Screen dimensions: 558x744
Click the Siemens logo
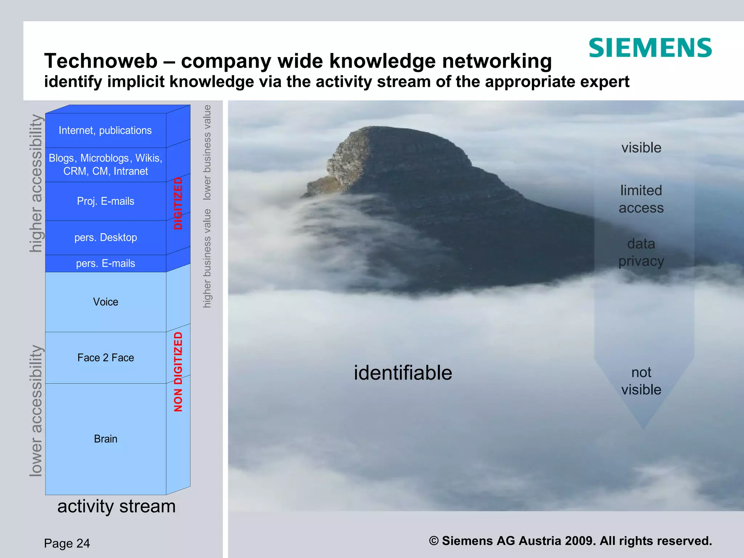[x=650, y=48]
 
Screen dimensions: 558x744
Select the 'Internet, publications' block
[x=105, y=130]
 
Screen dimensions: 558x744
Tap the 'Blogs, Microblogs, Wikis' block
[x=105, y=165]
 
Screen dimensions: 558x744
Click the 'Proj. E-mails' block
[x=105, y=201]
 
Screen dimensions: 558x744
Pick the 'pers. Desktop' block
[x=105, y=238]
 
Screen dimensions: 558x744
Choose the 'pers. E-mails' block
[x=105, y=263]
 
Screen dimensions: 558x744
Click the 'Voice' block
[x=105, y=302]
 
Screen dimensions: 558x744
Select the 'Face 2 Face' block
[x=105, y=358]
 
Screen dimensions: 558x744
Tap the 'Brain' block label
[x=105, y=439]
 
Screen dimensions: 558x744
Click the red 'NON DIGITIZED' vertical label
[x=178, y=372]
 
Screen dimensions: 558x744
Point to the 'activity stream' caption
[x=116, y=506]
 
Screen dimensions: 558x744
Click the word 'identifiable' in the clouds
[x=403, y=373]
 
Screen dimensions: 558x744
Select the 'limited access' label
[x=641, y=199]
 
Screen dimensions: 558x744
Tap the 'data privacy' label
[x=641, y=252]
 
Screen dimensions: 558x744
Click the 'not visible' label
[x=641, y=381]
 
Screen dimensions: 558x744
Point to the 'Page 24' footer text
[x=67, y=543]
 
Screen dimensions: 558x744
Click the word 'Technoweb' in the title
[x=101, y=61]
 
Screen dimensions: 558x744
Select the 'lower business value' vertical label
[x=207, y=153]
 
